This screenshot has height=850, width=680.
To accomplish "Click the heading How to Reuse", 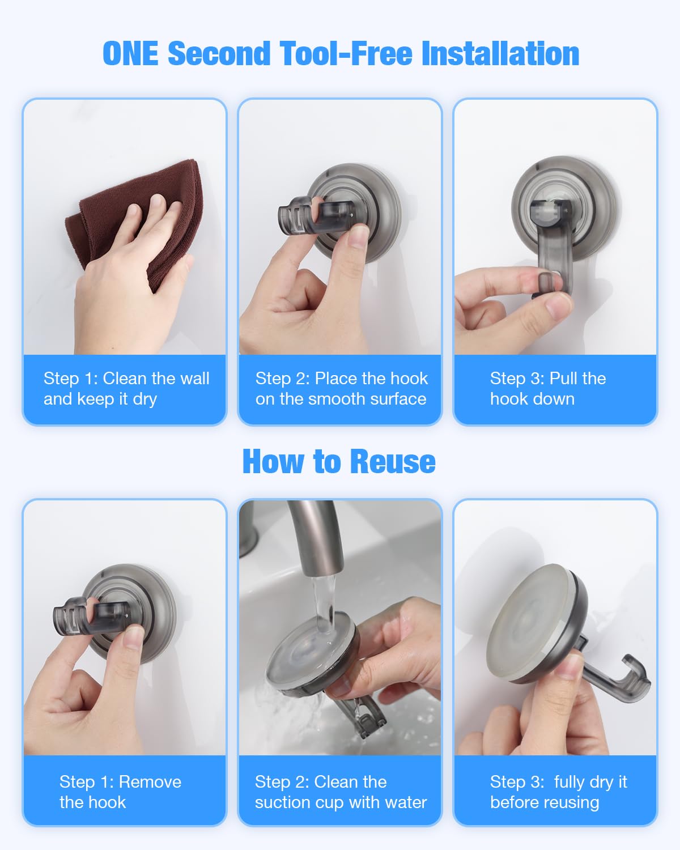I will [x=339, y=461].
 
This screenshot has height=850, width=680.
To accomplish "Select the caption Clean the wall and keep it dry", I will [x=126, y=389].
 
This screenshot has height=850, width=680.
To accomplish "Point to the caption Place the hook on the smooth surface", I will [x=341, y=389].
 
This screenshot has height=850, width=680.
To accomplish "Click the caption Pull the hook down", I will [x=547, y=389].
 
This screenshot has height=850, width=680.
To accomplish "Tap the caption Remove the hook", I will [x=120, y=792].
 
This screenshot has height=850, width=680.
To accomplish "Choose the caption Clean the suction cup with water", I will [x=340, y=792].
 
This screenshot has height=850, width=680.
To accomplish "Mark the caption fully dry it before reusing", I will [x=558, y=792].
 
